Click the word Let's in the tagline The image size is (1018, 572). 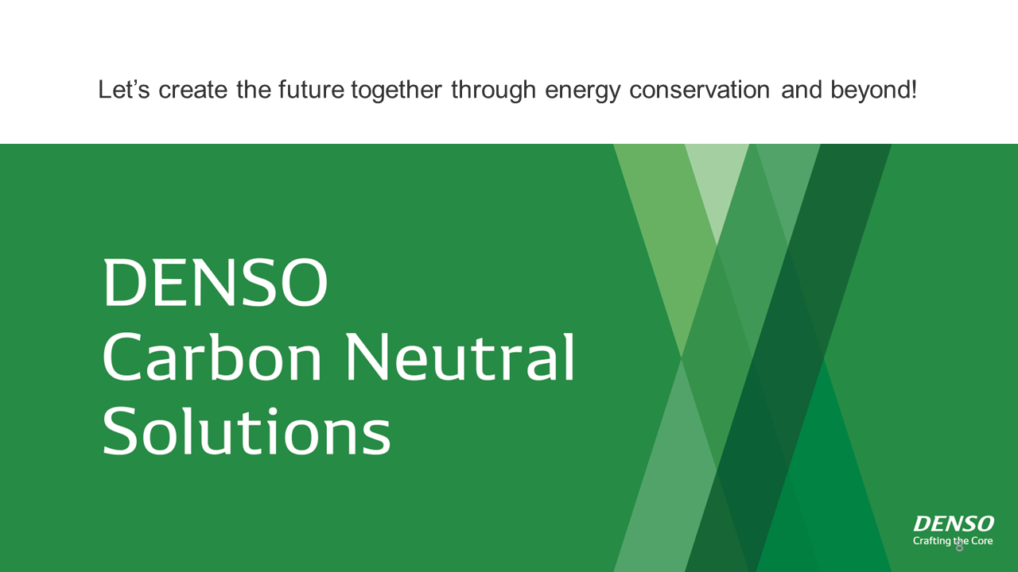(x=123, y=90)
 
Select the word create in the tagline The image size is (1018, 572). (x=192, y=90)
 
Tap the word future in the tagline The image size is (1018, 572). (x=311, y=90)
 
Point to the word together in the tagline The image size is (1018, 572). (x=396, y=91)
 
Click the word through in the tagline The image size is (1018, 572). (x=494, y=91)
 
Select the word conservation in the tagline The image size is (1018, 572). (x=699, y=90)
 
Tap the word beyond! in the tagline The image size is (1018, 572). (x=873, y=91)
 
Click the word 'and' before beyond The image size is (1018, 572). (x=801, y=90)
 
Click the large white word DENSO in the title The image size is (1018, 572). (x=215, y=282)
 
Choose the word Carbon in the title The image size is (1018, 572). (x=212, y=357)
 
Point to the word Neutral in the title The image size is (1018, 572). (x=460, y=357)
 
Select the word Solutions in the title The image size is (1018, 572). (x=247, y=431)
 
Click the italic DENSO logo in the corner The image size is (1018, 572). (x=954, y=524)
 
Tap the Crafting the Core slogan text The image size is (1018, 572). (x=953, y=541)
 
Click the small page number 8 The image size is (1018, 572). (x=959, y=547)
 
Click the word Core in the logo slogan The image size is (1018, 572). (x=981, y=541)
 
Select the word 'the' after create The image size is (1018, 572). (x=254, y=90)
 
